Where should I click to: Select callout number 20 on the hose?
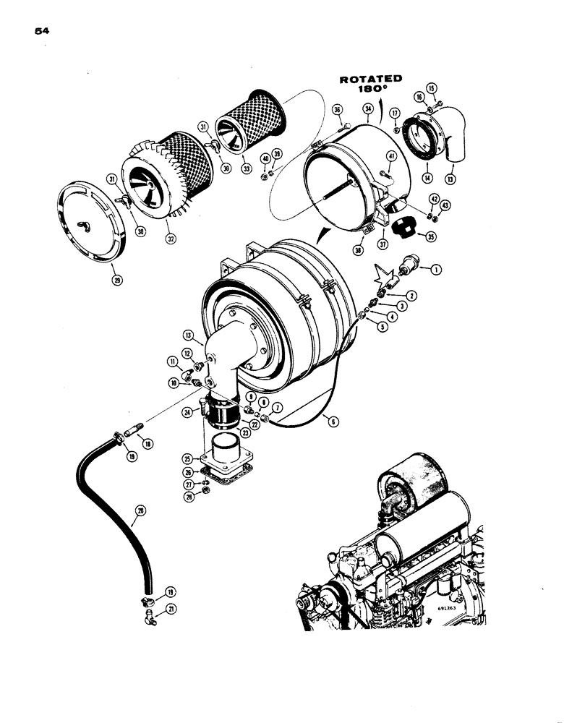140,510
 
